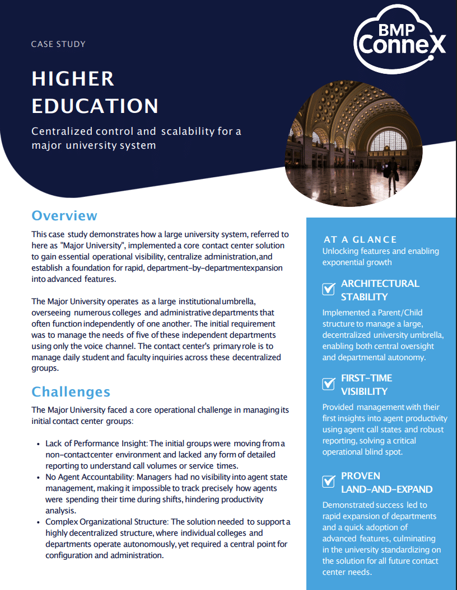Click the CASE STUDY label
coord(58,44)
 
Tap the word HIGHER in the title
coord(73,79)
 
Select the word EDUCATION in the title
coord(95,106)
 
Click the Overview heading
coord(64,215)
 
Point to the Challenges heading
coord(71,391)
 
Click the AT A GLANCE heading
coord(360,239)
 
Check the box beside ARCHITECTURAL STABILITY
coord(329,289)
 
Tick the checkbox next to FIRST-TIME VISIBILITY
coord(329,384)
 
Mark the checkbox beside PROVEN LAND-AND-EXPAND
coord(329,482)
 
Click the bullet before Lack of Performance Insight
coord(38,444)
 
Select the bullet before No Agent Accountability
coord(38,478)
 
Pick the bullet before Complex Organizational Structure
coord(38,522)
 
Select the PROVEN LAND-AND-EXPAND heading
coord(386,482)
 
